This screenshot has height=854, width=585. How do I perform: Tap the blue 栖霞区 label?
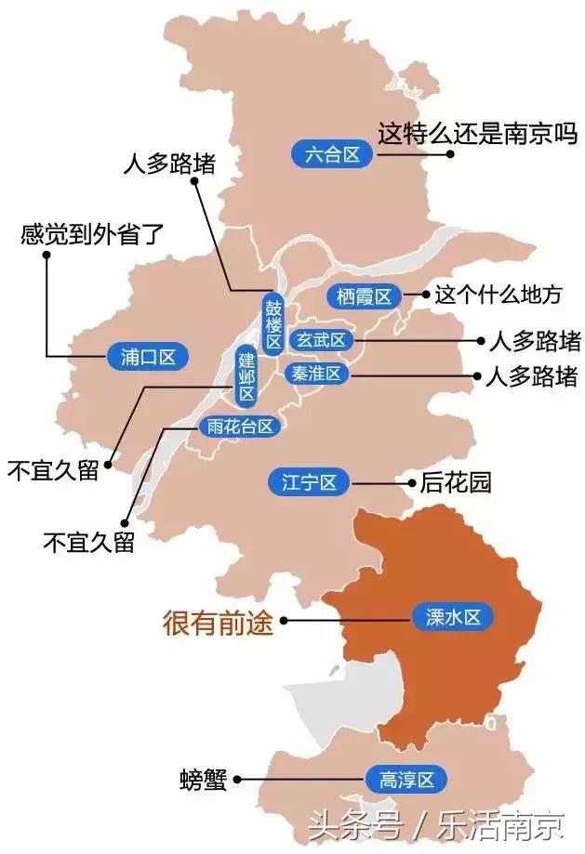(364, 296)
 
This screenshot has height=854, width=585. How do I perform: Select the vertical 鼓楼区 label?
(272, 324)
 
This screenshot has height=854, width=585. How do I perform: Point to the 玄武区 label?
(321, 341)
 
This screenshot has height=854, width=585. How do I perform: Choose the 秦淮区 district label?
(318, 374)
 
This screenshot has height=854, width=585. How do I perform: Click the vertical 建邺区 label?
(246, 376)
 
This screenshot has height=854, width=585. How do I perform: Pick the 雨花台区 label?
(239, 427)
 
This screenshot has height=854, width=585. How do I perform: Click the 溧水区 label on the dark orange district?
(451, 617)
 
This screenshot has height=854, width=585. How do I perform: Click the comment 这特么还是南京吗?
(477, 134)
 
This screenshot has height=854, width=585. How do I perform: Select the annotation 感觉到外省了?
(92, 232)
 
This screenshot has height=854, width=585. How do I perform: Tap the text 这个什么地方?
(499, 296)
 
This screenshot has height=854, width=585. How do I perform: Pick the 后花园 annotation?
(455, 482)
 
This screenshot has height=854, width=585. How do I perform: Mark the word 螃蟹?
(204, 780)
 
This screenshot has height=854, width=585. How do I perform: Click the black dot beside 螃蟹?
(239, 780)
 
